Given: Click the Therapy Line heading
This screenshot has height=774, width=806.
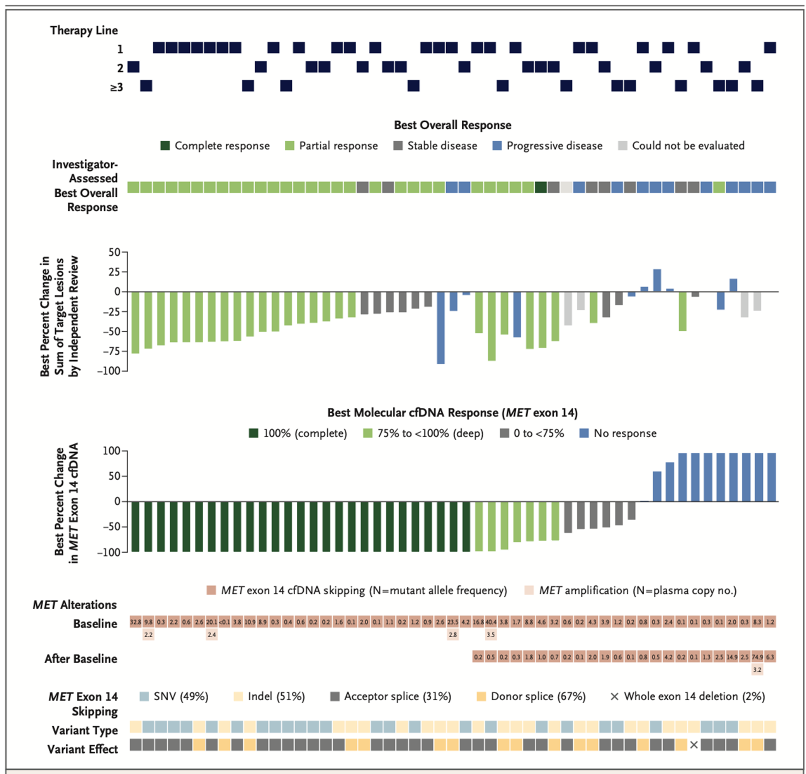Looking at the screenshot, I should [84, 31].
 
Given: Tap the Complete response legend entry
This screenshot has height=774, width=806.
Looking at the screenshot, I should [215, 146].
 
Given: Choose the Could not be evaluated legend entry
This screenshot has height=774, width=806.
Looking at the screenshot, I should [681, 146].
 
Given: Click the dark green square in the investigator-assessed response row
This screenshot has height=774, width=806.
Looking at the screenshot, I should [541, 187].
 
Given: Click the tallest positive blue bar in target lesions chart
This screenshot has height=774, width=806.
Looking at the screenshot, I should [657, 280].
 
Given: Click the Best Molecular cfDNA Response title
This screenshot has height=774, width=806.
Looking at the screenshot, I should [452, 413].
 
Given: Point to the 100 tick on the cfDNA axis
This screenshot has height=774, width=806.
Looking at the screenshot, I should [111, 451].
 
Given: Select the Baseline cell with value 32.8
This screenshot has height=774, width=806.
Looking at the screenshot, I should [136, 622].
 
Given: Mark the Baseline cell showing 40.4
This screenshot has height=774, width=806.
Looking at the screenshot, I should [491, 622].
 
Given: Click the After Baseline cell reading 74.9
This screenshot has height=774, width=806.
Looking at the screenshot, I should [757, 657].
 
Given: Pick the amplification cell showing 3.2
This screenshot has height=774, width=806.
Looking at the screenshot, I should [757, 670].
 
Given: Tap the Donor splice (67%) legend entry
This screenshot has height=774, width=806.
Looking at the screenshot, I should [531, 696].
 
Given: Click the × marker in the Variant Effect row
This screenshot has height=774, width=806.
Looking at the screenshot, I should [694, 745].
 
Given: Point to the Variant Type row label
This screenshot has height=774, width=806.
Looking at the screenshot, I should [84, 730].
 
